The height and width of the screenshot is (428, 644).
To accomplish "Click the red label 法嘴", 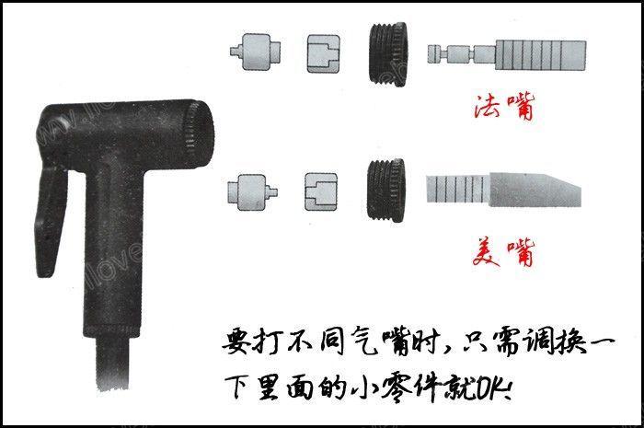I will tap(502, 108).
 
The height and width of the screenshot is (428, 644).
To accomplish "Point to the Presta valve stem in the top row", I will tap(506, 54).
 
